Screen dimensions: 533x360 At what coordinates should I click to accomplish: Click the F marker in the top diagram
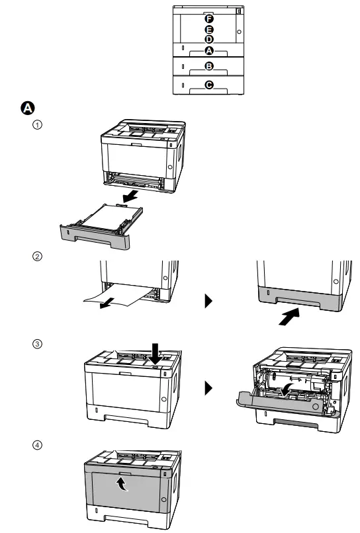pos(209,19)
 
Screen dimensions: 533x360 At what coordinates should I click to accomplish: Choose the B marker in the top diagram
pos(209,67)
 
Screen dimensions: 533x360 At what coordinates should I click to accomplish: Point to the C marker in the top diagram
pos(209,85)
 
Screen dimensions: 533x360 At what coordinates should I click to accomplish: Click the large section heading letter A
pos(29,108)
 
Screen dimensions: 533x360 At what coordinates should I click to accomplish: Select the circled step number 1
pos(38,124)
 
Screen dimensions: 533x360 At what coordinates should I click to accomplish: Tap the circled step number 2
pos(38,257)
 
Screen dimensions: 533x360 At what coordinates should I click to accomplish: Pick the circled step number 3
pos(38,343)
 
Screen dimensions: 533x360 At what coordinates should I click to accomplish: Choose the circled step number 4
pos(38,444)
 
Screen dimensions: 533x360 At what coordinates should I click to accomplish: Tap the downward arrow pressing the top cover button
pos(156,351)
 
